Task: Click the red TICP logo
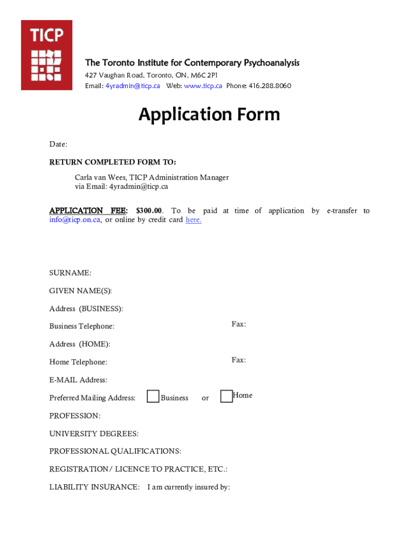(46, 55)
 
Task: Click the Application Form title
(209, 115)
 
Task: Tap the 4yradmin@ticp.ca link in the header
(133, 86)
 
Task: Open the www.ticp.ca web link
(203, 86)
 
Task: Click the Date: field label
(58, 144)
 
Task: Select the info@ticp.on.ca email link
(75, 220)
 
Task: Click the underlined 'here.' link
(193, 220)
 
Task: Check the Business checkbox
(153, 397)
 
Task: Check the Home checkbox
(226, 397)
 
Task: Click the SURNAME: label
(70, 273)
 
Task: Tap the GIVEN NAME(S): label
(81, 290)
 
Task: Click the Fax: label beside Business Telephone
(238, 324)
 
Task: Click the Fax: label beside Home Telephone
(238, 360)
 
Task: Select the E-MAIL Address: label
(78, 380)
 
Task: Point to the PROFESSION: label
(75, 416)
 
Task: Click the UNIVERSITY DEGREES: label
(94, 434)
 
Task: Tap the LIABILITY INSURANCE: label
(94, 487)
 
